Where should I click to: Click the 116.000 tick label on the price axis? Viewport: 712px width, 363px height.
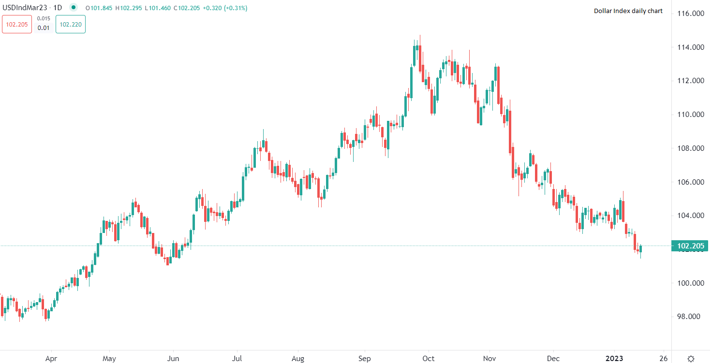point(690,14)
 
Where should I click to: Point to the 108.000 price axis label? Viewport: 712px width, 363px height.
point(690,148)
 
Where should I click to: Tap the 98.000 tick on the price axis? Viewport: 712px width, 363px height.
point(690,317)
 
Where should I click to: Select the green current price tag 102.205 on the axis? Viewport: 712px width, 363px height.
point(690,246)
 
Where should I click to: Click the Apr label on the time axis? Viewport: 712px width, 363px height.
point(51,359)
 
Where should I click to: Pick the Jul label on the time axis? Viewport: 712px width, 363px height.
point(237,359)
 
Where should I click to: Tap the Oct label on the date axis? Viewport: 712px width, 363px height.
point(428,359)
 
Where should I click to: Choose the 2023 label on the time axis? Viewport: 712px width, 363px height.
point(615,359)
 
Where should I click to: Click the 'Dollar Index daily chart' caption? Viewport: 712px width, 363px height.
point(628,11)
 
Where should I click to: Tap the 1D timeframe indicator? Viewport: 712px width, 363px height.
point(57,8)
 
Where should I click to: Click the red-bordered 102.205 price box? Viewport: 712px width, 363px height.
point(17,24)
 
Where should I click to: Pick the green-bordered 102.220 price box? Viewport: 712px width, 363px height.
point(71,24)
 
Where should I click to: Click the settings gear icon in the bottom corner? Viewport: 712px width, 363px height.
point(691,359)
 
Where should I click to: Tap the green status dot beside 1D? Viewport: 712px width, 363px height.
point(73,7)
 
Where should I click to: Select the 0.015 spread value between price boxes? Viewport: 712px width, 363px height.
point(44,18)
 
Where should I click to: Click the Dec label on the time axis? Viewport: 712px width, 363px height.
point(553,359)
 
